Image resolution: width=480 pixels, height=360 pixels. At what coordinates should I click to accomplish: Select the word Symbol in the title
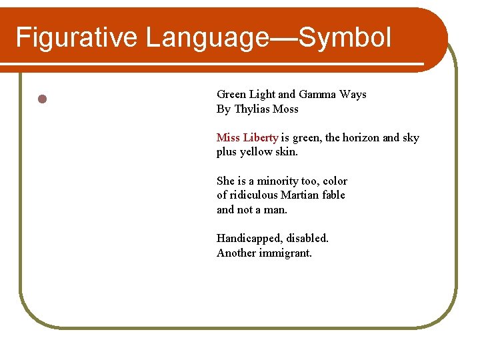click(x=345, y=37)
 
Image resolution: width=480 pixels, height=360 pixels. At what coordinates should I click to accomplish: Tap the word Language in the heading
click(x=206, y=37)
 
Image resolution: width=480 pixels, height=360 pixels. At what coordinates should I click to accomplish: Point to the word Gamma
click(x=317, y=95)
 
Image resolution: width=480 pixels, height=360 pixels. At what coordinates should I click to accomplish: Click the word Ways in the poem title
click(x=353, y=95)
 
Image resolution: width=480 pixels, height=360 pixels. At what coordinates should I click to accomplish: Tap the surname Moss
click(x=286, y=109)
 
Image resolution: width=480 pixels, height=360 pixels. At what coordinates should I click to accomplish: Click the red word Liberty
click(x=261, y=138)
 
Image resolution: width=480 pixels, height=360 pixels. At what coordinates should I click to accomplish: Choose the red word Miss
click(x=228, y=138)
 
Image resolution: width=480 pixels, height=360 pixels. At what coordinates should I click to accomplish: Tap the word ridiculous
click(x=254, y=195)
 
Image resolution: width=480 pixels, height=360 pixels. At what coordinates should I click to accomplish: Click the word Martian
click(x=299, y=195)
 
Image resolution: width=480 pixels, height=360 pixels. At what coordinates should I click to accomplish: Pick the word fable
click(x=333, y=195)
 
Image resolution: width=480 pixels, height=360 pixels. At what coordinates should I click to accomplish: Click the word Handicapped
click(x=249, y=239)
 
